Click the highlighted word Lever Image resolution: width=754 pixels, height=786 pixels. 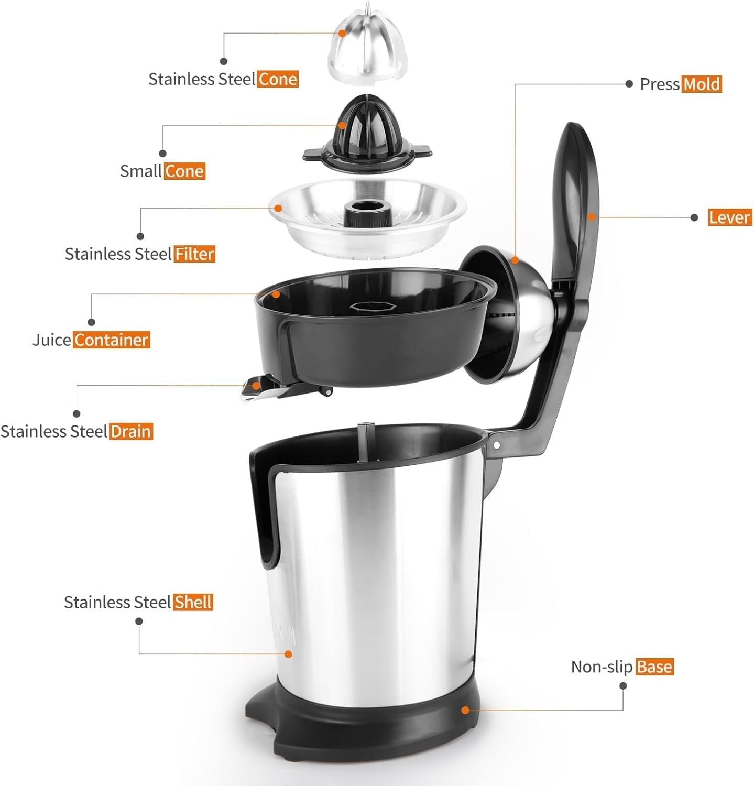click(730, 217)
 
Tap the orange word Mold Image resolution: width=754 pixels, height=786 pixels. click(702, 84)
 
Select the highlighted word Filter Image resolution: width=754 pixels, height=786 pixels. click(194, 254)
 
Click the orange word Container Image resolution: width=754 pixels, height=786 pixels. click(111, 340)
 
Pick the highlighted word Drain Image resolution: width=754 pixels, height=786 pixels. click(131, 432)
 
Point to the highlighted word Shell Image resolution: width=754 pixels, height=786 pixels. click(193, 603)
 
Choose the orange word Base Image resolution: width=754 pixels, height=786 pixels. click(654, 667)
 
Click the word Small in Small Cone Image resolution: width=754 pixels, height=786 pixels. click(140, 171)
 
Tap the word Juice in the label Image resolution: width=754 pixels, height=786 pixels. click(51, 340)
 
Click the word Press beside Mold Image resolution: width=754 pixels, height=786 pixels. click(659, 84)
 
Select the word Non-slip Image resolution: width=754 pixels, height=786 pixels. click(602, 667)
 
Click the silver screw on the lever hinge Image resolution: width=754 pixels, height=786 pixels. click(496, 445)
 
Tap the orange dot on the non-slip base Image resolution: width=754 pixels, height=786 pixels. click(464, 710)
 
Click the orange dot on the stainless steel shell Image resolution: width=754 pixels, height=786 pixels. click(288, 653)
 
